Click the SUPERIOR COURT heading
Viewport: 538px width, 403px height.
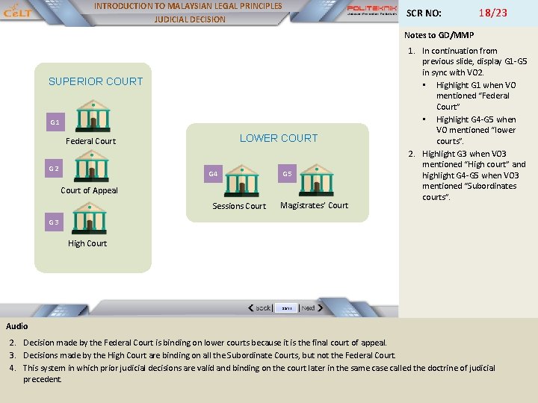pyautogui.click(x=96, y=81)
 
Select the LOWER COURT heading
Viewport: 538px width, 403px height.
pyautogui.click(x=279, y=138)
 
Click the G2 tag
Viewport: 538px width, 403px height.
pyautogui.click(x=54, y=169)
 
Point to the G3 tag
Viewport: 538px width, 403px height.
pyautogui.click(x=54, y=222)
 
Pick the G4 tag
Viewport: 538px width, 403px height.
pyautogui.click(x=213, y=174)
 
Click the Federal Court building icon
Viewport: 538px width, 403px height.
pyautogui.click(x=93, y=117)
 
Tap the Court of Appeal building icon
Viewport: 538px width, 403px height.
pyautogui.click(x=92, y=167)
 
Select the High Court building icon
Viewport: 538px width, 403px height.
pyautogui.click(x=90, y=219)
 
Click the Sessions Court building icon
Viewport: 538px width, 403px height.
pyautogui.click(x=242, y=182)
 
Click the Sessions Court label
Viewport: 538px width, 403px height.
pyautogui.click(x=239, y=206)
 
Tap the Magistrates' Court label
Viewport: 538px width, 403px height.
pyautogui.click(x=314, y=205)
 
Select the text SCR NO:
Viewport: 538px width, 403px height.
pyautogui.click(x=423, y=13)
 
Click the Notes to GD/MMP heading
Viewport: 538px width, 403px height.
pyautogui.click(x=439, y=35)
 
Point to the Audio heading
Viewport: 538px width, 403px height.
pyautogui.click(x=17, y=326)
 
